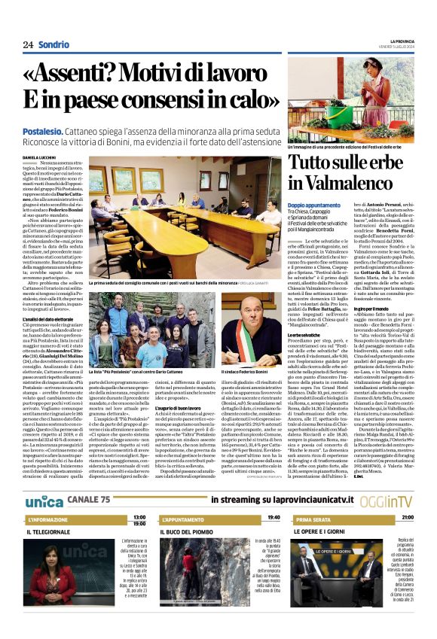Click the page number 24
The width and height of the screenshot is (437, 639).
click(28, 44)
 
